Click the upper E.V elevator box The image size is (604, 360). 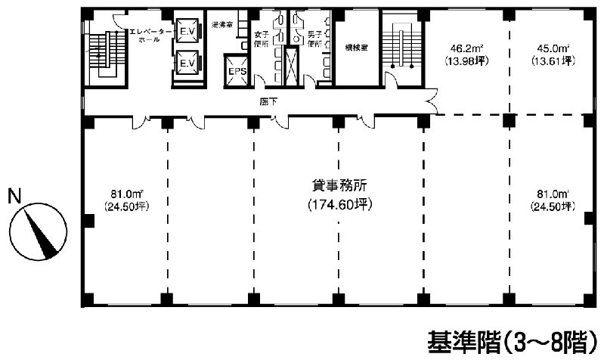click(186, 31)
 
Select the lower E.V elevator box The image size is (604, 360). click(186, 64)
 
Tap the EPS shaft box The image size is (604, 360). click(236, 71)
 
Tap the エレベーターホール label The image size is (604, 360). click(143, 35)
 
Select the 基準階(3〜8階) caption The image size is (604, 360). click(508, 342)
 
